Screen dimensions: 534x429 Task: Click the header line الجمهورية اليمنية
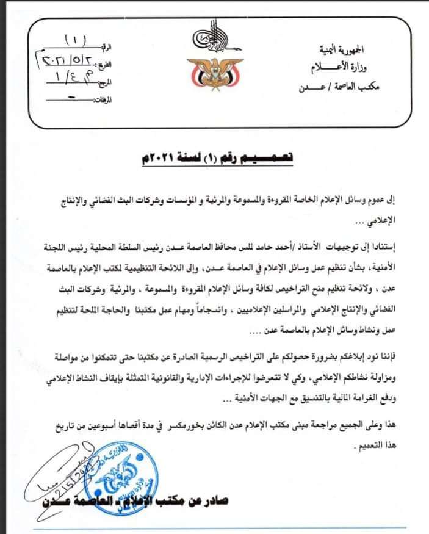(348, 47)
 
